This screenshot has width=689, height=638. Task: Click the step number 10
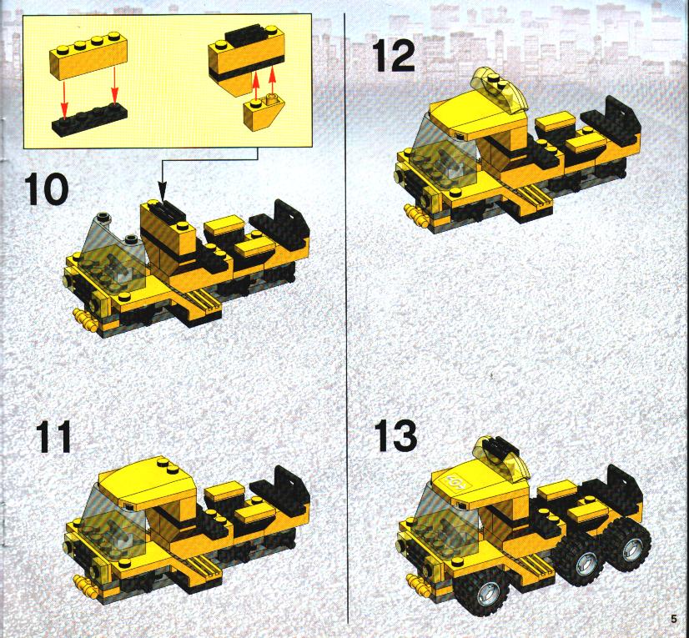[x=46, y=189]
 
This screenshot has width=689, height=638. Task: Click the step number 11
[x=54, y=436]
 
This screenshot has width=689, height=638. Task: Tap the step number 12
[x=394, y=55]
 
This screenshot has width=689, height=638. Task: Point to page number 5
[x=674, y=619]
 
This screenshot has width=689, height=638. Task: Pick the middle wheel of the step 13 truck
[x=579, y=560]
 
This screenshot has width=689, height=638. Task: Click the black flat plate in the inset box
[x=89, y=118]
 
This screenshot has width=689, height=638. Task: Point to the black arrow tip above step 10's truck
[x=162, y=190]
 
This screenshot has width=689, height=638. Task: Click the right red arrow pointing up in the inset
[x=272, y=80]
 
